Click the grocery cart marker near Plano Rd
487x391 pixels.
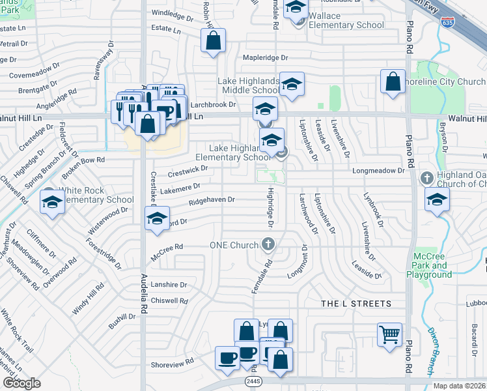click(389, 335)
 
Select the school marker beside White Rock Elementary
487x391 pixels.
click(51, 202)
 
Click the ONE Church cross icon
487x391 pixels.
click(267, 245)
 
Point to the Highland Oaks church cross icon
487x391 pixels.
click(427, 177)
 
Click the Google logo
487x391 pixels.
click(21, 383)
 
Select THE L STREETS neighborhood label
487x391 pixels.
click(357, 304)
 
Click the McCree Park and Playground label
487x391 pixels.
click(430, 265)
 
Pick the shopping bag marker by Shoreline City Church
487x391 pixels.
click(393, 82)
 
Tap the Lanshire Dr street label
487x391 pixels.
click(169, 285)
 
